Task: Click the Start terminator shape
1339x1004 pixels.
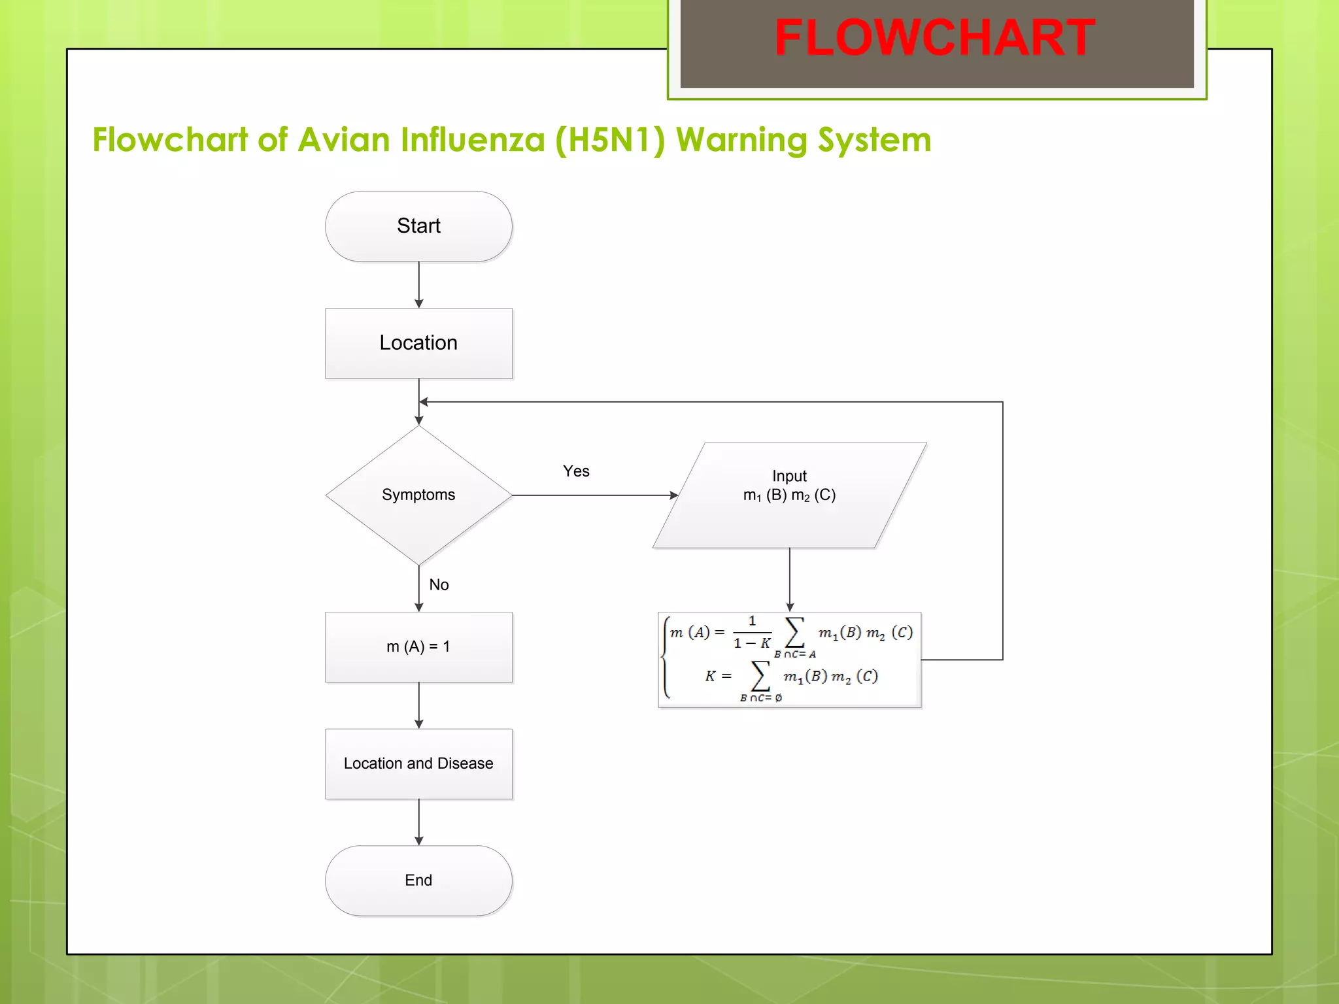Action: coord(418,226)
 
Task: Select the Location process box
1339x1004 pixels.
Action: coord(418,343)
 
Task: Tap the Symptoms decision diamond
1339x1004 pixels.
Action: coord(418,495)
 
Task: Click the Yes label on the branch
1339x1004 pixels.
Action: coord(576,471)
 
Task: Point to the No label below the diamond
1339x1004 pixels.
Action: coord(439,585)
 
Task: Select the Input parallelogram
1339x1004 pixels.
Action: coord(789,495)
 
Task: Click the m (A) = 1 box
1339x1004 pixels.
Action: coord(418,646)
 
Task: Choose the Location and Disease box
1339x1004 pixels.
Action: coord(418,763)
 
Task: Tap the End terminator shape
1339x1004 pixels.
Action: coord(418,880)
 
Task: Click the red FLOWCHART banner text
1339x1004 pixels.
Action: coord(935,38)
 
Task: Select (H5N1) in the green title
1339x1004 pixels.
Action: coord(609,140)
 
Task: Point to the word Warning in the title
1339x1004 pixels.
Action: coord(741,140)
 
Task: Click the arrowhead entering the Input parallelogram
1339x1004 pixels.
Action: coord(673,495)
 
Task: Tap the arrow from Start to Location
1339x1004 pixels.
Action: coord(419,285)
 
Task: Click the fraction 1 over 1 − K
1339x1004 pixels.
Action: coord(752,632)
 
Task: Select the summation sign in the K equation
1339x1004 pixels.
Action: coord(760,676)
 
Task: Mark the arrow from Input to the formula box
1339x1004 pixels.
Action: coord(790,579)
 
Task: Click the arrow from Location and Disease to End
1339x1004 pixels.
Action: coord(419,822)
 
